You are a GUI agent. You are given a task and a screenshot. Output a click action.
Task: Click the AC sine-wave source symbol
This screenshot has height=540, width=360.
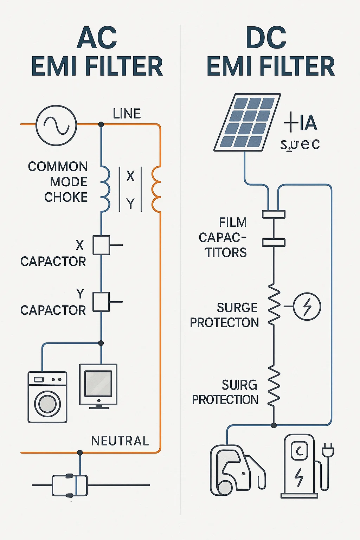pyautogui.click(x=56, y=125)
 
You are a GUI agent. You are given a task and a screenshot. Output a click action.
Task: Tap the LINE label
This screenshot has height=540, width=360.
pyautogui.click(x=127, y=114)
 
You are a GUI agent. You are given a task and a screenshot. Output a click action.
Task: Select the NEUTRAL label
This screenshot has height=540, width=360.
pyautogui.click(x=120, y=441)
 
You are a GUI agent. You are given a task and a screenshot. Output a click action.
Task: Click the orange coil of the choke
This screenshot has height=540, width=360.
pyautogui.click(x=156, y=189)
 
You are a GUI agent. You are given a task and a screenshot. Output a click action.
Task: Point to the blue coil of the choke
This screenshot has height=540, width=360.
pyautogui.click(x=105, y=189)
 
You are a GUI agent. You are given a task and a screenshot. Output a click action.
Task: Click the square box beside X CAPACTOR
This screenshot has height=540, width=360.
pyautogui.click(x=101, y=245)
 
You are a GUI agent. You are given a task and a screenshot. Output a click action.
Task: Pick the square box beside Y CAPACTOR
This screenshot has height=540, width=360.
pyautogui.click(x=101, y=302)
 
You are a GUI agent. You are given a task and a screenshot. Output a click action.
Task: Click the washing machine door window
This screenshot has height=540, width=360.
pyautogui.click(x=47, y=404)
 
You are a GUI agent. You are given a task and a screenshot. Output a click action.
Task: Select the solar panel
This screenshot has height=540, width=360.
pyautogui.click(x=247, y=122)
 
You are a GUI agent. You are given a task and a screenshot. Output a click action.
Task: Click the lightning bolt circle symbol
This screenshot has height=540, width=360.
pyautogui.click(x=307, y=307)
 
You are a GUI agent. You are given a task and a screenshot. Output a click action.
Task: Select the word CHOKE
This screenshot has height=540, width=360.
pyautogui.click(x=66, y=197)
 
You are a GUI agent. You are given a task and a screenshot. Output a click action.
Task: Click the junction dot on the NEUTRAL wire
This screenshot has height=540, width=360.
pyautogui.click(x=80, y=452)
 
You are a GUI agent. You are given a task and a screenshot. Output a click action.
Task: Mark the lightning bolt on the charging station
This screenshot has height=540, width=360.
pyautogui.click(x=299, y=477)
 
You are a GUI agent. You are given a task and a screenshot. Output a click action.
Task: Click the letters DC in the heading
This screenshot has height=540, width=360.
pyautogui.click(x=266, y=38)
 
